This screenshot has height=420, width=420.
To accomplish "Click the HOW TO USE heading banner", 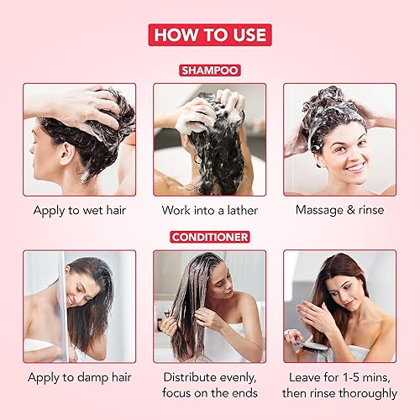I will pyautogui.click(x=209, y=34).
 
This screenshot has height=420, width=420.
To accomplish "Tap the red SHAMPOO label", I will pyautogui.click(x=209, y=71).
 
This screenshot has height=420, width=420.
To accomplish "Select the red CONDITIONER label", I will pyautogui.click(x=209, y=237).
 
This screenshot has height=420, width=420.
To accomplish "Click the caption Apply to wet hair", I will pyautogui.click(x=80, y=210).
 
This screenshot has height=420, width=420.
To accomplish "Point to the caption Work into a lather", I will pyautogui.click(x=209, y=210).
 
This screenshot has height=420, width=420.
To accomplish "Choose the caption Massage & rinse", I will pyautogui.click(x=339, y=210).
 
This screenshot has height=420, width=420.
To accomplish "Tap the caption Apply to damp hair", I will pyautogui.click(x=80, y=377).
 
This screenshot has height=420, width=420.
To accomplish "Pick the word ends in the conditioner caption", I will pyautogui.click(x=243, y=394).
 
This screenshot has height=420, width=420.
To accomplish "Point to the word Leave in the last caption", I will pyautogui.click(x=301, y=377).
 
